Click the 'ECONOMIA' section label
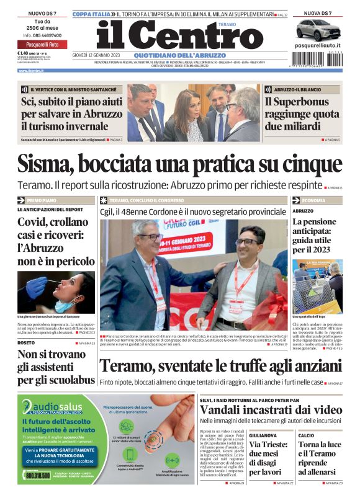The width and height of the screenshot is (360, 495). tap(314, 200)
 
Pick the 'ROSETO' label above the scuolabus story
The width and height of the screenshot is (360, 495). tap(26, 342)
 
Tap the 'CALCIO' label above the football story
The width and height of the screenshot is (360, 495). tap(306, 435)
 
